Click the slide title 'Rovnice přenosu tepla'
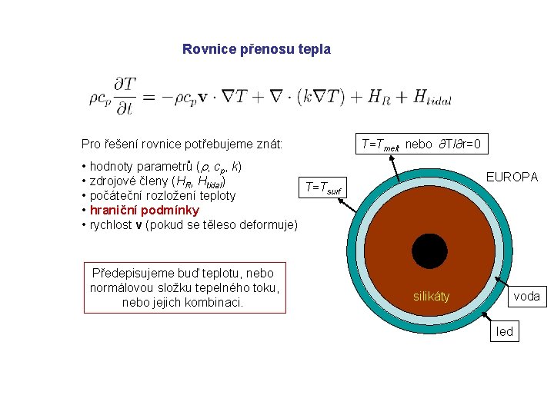point(256,49)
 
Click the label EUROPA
point(512,178)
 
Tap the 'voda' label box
point(526,296)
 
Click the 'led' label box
point(505,331)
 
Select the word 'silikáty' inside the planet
point(432,296)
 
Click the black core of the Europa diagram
point(429,251)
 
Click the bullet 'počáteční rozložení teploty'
point(162,195)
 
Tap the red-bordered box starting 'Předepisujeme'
point(185,287)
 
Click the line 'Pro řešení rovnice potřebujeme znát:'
point(182,144)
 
